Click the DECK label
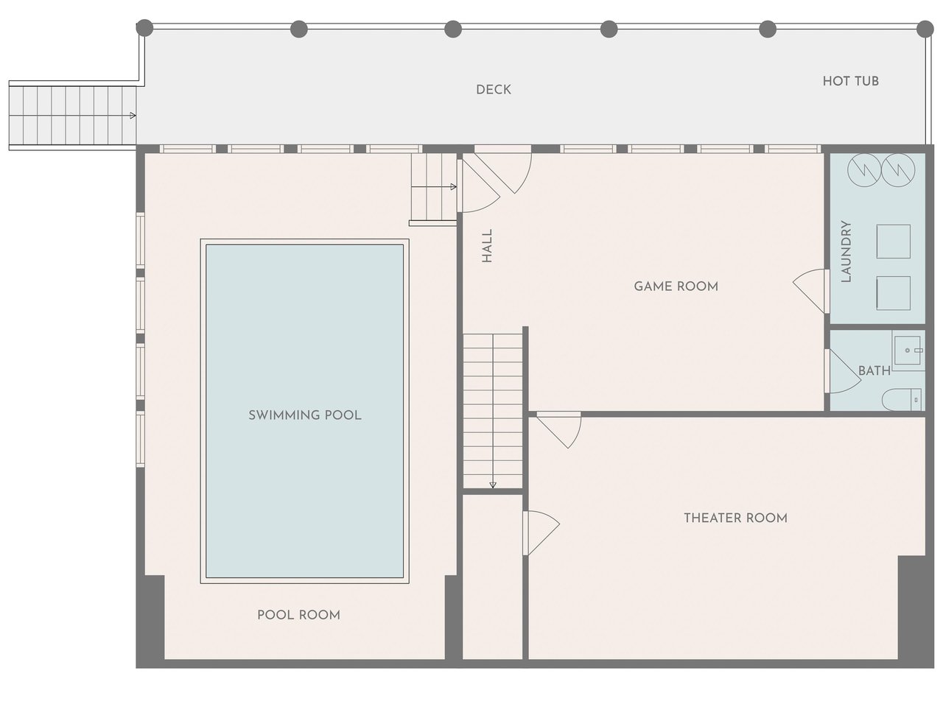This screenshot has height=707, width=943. point(493,90)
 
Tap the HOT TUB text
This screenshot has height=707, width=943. point(850,81)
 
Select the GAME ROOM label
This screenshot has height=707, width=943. point(676,286)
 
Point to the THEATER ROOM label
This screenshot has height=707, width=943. point(735,518)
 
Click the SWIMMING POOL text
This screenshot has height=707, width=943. point(304,415)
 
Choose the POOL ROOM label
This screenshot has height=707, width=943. point(298,615)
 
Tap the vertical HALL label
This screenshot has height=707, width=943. point(487,245)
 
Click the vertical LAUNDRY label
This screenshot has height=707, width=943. point(846,252)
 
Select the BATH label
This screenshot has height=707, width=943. point(874,370)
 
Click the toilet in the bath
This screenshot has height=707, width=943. point(901,400)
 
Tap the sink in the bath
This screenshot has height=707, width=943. point(908,351)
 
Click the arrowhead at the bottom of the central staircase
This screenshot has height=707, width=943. point(493,485)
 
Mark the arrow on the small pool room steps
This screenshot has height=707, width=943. point(434,187)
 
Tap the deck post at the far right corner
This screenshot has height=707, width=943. point(925,29)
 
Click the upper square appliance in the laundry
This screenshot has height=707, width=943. point(893,242)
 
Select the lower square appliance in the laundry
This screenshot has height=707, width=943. point(893,293)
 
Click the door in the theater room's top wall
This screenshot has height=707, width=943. point(559,429)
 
